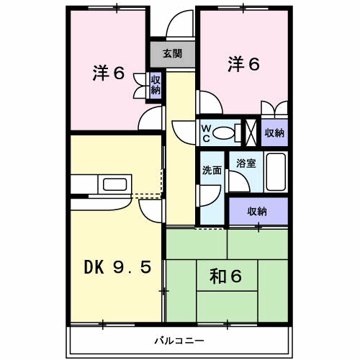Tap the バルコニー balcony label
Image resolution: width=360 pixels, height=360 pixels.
pyautogui.click(x=179, y=338)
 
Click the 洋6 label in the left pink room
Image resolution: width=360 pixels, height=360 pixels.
pyautogui.click(x=109, y=73)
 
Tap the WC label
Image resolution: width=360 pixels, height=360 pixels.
pyautogui.click(x=206, y=132)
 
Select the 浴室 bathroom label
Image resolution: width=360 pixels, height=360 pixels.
pyautogui.click(x=246, y=163)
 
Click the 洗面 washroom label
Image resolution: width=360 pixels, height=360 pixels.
pyautogui.click(x=212, y=171)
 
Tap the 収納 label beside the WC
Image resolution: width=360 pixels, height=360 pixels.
pyautogui.click(x=274, y=132)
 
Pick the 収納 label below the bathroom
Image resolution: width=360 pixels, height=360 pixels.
pyautogui.click(x=258, y=211)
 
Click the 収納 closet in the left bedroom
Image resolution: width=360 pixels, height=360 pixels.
pyautogui.click(x=156, y=85)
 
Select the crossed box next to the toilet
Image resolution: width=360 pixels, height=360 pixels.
pyautogui.click(x=252, y=132)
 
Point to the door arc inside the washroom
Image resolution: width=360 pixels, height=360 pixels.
pyautogui.click(x=210, y=192)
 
